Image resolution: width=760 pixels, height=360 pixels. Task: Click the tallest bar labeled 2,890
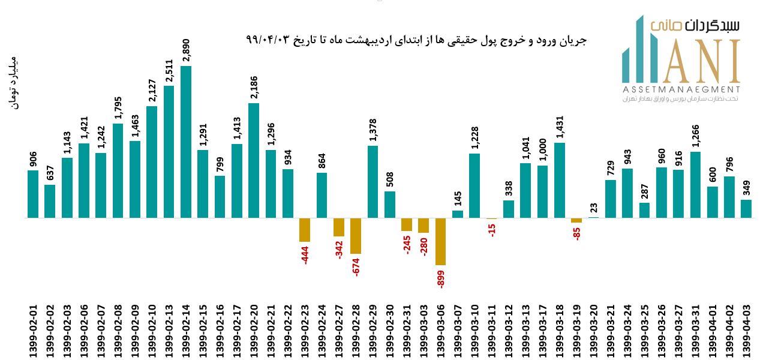pyautogui.click(x=186, y=142)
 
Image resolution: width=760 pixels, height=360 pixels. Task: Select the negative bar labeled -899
pyautogui.click(x=441, y=241)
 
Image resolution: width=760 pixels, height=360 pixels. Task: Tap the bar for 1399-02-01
pyautogui.click(x=33, y=194)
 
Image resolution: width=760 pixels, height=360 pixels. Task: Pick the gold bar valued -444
pyautogui.click(x=305, y=230)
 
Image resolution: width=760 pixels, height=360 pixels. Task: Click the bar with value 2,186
pyautogui.click(x=254, y=160)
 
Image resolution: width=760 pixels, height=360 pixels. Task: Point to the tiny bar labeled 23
pyautogui.click(x=594, y=217)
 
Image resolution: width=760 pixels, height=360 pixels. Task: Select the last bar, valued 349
pyautogui.click(x=746, y=208)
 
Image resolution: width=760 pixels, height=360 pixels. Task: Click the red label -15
pyautogui.click(x=492, y=229)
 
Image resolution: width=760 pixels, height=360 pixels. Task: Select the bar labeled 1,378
pyautogui.click(x=373, y=181)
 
